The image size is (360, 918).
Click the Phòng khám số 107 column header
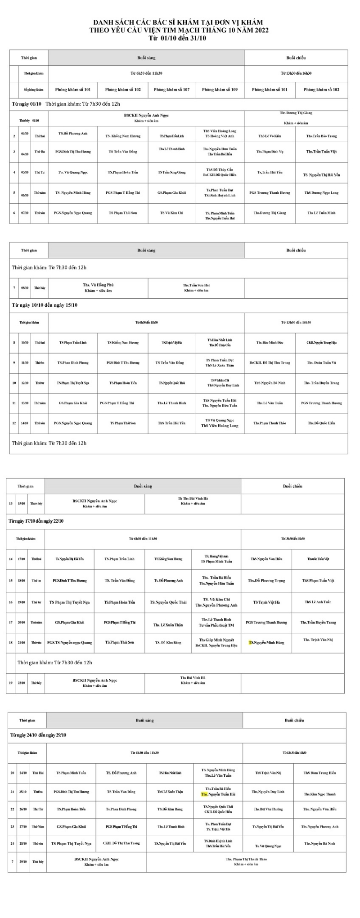pyautogui.click(x=171, y=90)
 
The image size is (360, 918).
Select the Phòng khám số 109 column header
pyautogui.click(x=220, y=90)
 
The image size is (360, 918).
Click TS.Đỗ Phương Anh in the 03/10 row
pyautogui.click(x=73, y=134)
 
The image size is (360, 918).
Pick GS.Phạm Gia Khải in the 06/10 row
pyautogui.click(x=171, y=193)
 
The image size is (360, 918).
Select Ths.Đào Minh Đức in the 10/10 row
pyautogui.click(x=270, y=343)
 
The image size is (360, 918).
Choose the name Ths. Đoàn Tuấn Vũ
pyautogui.click(x=321, y=363)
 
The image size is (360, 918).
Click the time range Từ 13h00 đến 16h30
pyautogui.click(x=296, y=322)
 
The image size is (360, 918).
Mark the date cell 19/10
pyautogui.click(x=21, y=602)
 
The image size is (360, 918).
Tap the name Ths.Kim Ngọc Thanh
pyautogui.click(x=319, y=794)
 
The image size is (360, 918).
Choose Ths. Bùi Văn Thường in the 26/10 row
pyautogui.click(x=268, y=809)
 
